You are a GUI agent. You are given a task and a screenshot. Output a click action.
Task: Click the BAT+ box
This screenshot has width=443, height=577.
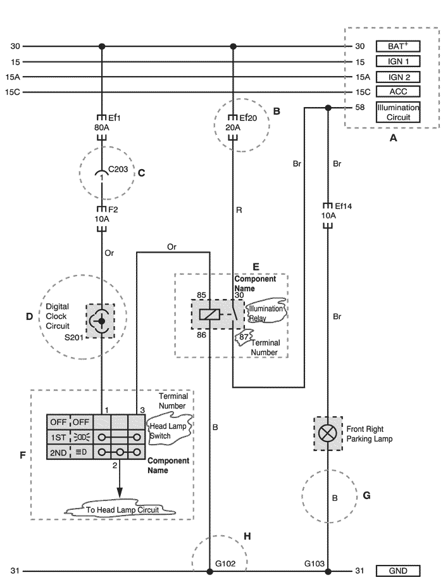[398, 46]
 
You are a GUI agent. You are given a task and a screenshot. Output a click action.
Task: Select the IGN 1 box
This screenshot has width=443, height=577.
[398, 61]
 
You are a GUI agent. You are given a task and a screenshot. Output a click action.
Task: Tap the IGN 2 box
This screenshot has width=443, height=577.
[398, 77]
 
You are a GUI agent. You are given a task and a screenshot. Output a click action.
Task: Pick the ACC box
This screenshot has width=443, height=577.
[398, 92]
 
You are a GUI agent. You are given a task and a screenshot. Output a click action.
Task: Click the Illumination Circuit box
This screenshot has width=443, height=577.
[398, 112]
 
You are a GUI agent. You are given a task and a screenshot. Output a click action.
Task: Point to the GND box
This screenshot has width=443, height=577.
[398, 571]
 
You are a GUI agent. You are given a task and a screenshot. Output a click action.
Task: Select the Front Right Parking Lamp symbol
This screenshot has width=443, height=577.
[328, 433]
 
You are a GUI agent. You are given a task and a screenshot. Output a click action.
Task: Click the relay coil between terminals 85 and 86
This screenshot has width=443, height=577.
[209, 314]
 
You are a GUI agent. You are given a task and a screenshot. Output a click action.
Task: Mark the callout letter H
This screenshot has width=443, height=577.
[247, 536]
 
